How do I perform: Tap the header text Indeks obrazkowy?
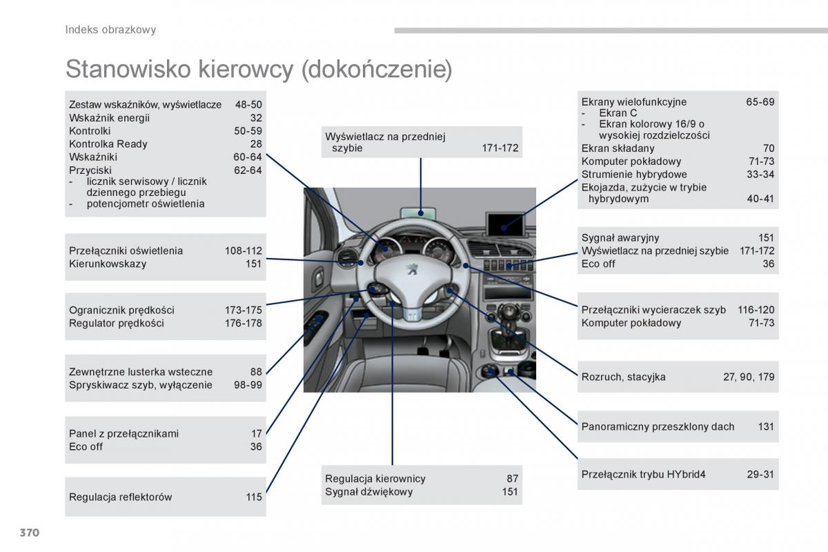tap(110, 30)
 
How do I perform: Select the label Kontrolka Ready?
tap(108, 144)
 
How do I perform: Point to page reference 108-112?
tap(243, 250)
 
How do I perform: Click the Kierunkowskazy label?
tap(108, 264)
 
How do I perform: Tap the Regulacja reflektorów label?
tap(120, 497)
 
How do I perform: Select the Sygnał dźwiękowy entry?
tap(368, 492)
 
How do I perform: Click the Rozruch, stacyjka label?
tap(623, 377)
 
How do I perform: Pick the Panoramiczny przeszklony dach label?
tap(658, 426)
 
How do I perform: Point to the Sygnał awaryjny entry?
tap(620, 238)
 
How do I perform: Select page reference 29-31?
tap(760, 475)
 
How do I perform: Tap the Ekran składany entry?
tap(618, 148)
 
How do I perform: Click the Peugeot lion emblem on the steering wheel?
tap(411, 270)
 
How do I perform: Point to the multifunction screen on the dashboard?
tap(504, 223)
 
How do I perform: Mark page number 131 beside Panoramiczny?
tap(766, 426)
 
